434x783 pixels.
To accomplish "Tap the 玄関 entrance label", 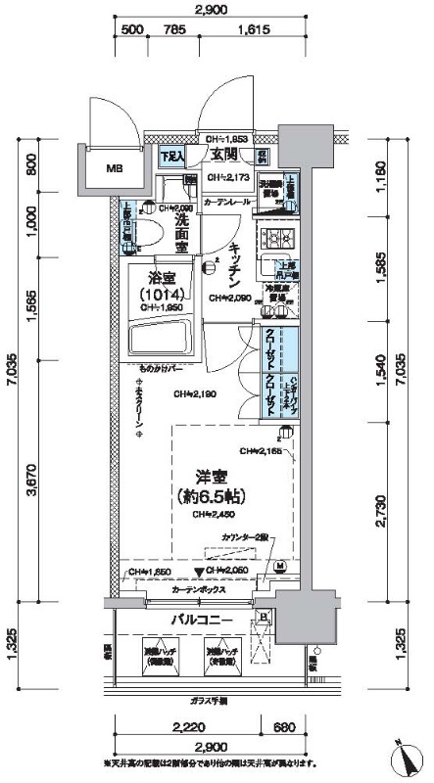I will click(x=222, y=155).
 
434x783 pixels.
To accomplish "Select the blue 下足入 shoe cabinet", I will click(x=172, y=156).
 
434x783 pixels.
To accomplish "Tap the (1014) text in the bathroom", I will click(x=156, y=295).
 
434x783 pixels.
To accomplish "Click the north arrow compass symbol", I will click(x=405, y=757).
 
